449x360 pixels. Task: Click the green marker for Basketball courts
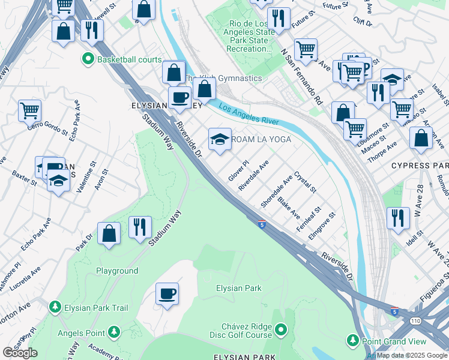click(88, 59)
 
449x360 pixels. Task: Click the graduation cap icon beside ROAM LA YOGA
click(220, 140)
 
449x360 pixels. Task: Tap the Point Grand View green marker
click(353, 340)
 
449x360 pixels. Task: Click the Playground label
click(117, 271)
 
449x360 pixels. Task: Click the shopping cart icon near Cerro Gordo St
click(29, 110)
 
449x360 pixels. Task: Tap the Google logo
click(20, 353)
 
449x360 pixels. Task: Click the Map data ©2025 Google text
click(412, 355)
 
